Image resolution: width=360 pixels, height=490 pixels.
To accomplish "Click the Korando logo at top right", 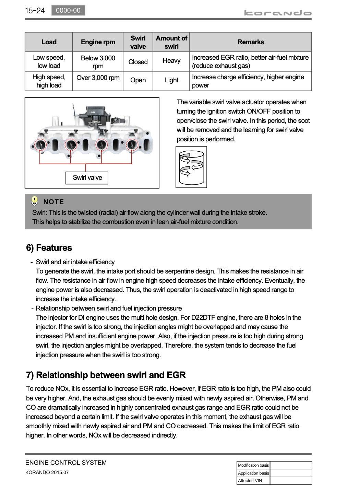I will (278, 13).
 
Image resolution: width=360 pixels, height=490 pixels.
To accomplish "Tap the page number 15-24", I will (35, 11).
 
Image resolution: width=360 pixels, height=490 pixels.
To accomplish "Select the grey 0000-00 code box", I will (68, 10).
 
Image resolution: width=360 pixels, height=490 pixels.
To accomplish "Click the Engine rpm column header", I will (98, 42).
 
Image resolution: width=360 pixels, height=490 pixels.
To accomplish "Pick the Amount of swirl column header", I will (171, 42).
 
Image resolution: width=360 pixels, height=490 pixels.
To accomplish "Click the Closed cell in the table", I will (138, 62).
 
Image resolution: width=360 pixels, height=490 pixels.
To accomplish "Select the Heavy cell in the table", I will (171, 61).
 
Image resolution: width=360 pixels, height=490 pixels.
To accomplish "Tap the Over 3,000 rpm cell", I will (98, 78).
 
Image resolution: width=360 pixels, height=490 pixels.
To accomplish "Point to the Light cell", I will (171, 80).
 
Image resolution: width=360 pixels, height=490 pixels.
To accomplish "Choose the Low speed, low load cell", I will (49, 62).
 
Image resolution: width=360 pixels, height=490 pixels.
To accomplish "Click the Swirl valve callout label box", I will (87, 178).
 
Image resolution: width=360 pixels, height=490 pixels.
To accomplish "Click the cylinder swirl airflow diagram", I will (191, 167).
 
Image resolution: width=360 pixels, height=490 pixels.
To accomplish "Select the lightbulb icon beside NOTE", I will (35, 201).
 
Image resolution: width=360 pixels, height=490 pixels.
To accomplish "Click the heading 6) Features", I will (49, 248).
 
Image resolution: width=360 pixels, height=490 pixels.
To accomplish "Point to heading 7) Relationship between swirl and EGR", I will (106, 375).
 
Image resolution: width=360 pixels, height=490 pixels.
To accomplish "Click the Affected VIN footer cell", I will (253, 481).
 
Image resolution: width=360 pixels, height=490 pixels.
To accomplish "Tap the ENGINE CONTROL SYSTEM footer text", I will (66, 463).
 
